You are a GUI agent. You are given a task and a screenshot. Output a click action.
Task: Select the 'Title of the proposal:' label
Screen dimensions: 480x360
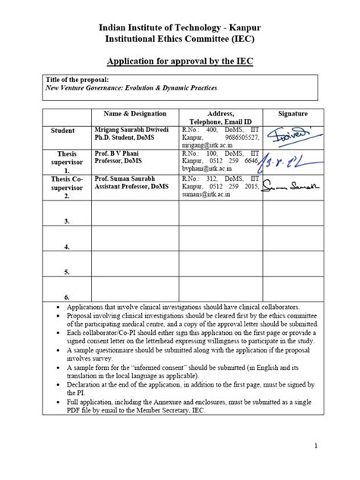pos(67,80)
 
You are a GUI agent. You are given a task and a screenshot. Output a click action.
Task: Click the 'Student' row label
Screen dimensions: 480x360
pos(62,131)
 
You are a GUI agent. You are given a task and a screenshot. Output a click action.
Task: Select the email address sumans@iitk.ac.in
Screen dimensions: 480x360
pos(205,195)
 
